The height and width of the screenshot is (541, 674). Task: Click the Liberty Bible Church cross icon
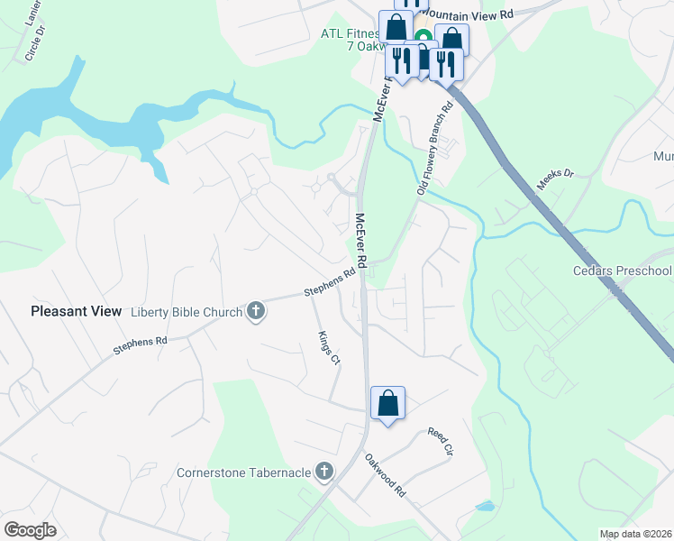tap(256, 312)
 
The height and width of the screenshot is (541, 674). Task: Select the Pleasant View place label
tap(76, 311)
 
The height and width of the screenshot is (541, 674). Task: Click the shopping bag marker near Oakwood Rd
tap(387, 403)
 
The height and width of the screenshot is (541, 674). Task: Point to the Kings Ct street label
tap(329, 348)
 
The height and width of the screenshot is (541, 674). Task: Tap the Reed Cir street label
tap(439, 443)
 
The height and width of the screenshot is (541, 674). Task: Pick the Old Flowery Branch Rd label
tap(434, 149)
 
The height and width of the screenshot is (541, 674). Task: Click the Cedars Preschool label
tap(623, 270)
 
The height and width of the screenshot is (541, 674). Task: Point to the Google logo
tap(30, 529)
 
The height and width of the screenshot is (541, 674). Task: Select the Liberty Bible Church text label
tap(187, 313)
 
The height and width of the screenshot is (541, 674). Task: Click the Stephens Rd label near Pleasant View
tap(141, 344)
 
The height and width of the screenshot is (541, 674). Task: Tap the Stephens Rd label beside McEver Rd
tap(329, 284)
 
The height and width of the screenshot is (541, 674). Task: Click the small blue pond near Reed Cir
tap(485, 506)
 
